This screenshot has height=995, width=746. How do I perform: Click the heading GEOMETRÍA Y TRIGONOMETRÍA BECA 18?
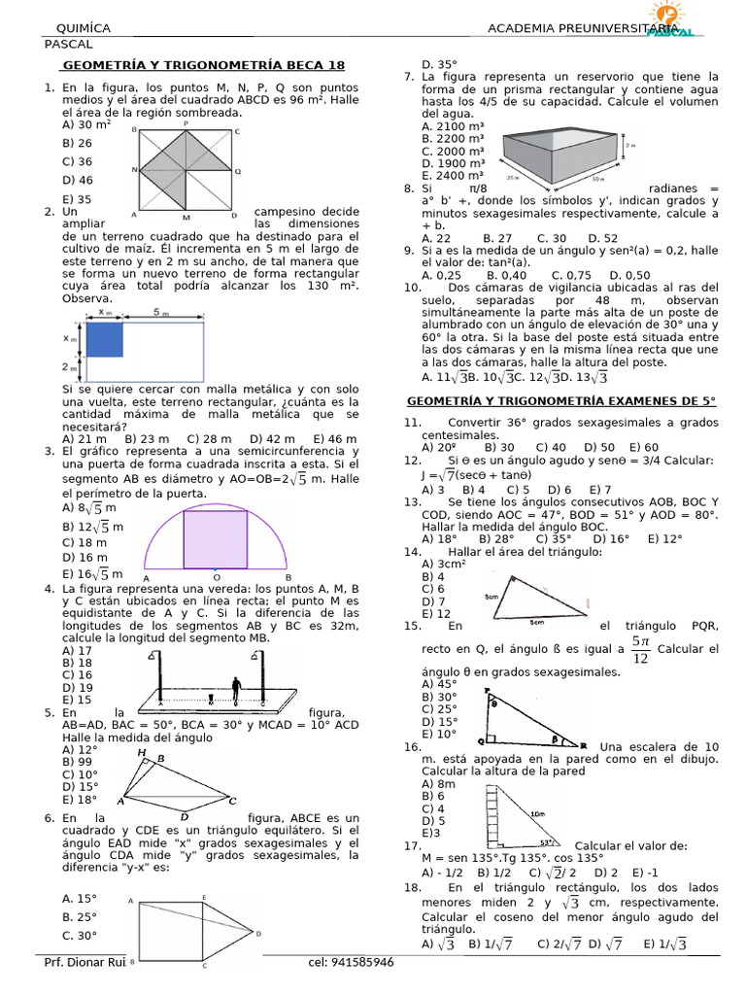point(203,65)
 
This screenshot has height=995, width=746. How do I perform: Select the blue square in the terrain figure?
point(104,339)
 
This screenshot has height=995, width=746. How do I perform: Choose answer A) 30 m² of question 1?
point(86,124)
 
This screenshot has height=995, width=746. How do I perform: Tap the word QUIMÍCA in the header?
point(84,29)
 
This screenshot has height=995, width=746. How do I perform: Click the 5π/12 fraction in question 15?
point(639,649)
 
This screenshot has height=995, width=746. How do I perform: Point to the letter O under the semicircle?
point(216,576)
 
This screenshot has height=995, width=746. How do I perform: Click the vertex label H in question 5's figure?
point(142,752)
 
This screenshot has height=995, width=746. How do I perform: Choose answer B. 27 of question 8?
point(497,238)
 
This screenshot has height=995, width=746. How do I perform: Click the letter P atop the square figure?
point(186,123)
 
